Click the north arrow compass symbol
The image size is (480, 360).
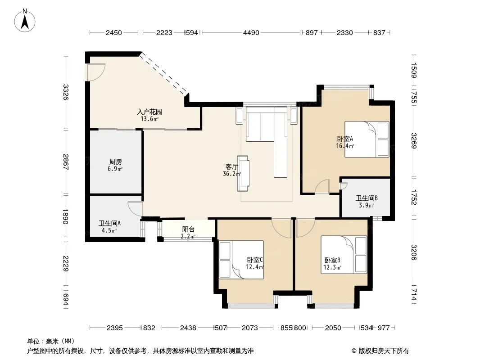tap(25, 21)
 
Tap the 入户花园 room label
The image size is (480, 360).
tap(149, 112)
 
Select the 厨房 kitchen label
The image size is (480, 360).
tap(115, 162)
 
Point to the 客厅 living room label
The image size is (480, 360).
tap(232, 166)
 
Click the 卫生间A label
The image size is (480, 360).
tap(109, 224)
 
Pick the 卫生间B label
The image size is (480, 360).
tap(367, 198)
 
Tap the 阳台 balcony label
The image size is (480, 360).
tap(188, 229)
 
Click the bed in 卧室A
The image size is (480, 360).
tap(367, 139)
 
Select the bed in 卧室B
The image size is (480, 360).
tap(344, 255)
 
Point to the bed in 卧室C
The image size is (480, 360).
tap(241, 260)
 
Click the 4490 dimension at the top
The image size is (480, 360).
tap(251, 33)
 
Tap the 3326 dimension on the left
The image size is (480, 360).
tap(65, 92)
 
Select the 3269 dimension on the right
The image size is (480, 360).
tap(414, 141)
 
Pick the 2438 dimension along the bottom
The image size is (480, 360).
tap(188, 328)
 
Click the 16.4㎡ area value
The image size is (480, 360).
tap(345, 146)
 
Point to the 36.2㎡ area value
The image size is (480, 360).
tap(232, 174)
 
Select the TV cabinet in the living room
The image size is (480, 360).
tap(243, 173)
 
